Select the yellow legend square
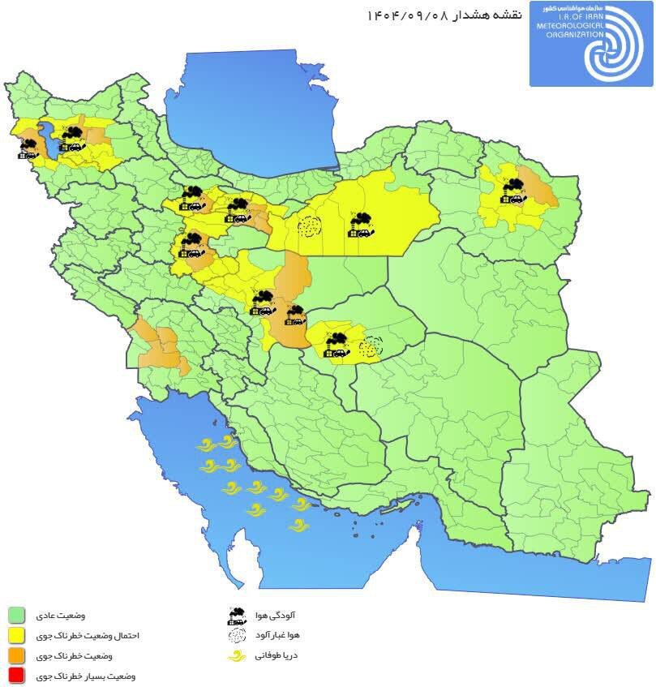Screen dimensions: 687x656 point(16,635)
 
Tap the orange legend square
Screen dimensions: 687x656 point(16,655)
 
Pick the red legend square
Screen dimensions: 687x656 point(16,675)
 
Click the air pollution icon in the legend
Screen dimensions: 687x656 point(237,615)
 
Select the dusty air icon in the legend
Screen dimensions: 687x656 point(237,635)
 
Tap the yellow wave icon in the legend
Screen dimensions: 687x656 point(237,655)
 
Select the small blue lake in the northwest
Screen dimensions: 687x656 point(47,138)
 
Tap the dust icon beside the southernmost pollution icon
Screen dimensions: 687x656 point(371,346)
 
